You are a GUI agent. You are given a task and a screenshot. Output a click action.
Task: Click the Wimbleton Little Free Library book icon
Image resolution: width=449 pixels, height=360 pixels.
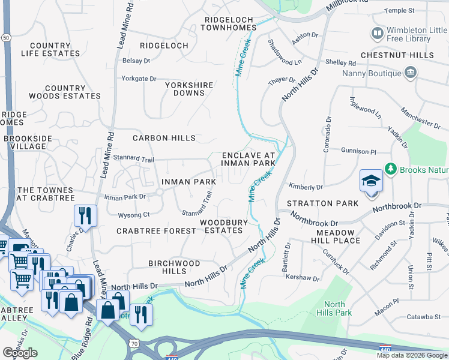tap(378, 32)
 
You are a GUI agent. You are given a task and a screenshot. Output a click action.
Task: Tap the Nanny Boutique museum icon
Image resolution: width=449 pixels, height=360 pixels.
tap(411, 73)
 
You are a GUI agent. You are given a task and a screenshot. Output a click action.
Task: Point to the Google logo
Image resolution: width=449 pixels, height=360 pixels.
tap(20, 353)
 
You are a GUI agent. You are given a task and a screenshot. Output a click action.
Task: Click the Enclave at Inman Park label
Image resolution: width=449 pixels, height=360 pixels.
tap(248, 158)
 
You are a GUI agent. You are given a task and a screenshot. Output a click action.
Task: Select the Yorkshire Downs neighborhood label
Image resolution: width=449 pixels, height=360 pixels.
tap(190, 89)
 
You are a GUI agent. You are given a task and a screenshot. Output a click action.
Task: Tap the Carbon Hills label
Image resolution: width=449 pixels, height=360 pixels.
tap(164, 138)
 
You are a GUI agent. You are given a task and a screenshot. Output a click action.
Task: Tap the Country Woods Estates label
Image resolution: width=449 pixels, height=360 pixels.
tap(64, 92)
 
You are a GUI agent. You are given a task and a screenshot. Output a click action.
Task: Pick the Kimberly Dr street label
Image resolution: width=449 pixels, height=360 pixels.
tap(306, 187)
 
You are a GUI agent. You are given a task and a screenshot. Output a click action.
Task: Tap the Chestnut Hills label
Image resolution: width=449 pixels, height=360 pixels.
tap(397, 55)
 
